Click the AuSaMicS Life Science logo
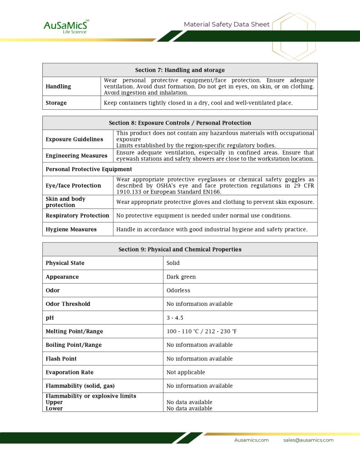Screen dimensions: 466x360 click(x=66, y=26)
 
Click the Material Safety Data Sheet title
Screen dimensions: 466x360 click(x=227, y=25)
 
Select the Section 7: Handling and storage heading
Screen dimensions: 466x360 click(x=180, y=70)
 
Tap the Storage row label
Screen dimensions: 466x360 click(x=56, y=103)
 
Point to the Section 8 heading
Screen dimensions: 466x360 click(x=180, y=123)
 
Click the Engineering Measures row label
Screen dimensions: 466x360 click(x=76, y=156)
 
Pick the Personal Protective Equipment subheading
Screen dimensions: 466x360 click(x=89, y=169)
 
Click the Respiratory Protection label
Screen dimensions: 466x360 click(x=77, y=216)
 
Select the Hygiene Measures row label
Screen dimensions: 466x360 click(x=71, y=229)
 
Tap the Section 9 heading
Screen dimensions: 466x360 click(x=180, y=249)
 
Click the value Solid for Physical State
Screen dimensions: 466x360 click(x=173, y=263)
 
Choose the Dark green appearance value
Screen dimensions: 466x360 click(x=181, y=277)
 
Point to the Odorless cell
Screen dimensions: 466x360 click(x=178, y=290)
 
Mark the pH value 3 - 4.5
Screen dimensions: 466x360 click(x=175, y=318)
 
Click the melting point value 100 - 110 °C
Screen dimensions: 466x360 click(x=202, y=331)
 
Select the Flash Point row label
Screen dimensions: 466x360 click(x=61, y=359)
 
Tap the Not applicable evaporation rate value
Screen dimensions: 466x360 click(x=186, y=372)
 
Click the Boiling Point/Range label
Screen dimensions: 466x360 click(x=74, y=345)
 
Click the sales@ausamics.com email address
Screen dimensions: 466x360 click(x=308, y=440)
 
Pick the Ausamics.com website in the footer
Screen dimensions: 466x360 click(x=251, y=440)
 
